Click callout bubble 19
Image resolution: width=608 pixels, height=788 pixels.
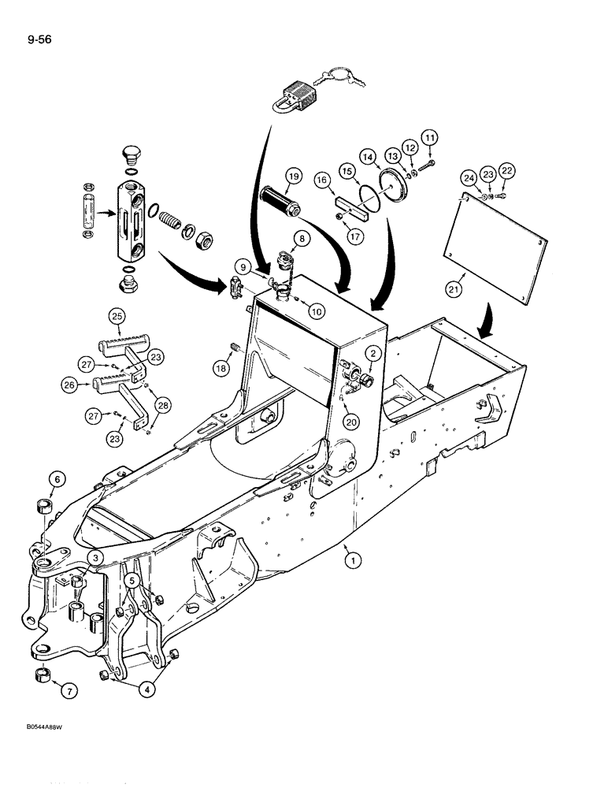(x=292, y=176)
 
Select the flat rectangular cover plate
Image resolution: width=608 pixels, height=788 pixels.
(x=491, y=236)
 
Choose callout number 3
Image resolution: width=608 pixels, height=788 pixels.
(x=95, y=558)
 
